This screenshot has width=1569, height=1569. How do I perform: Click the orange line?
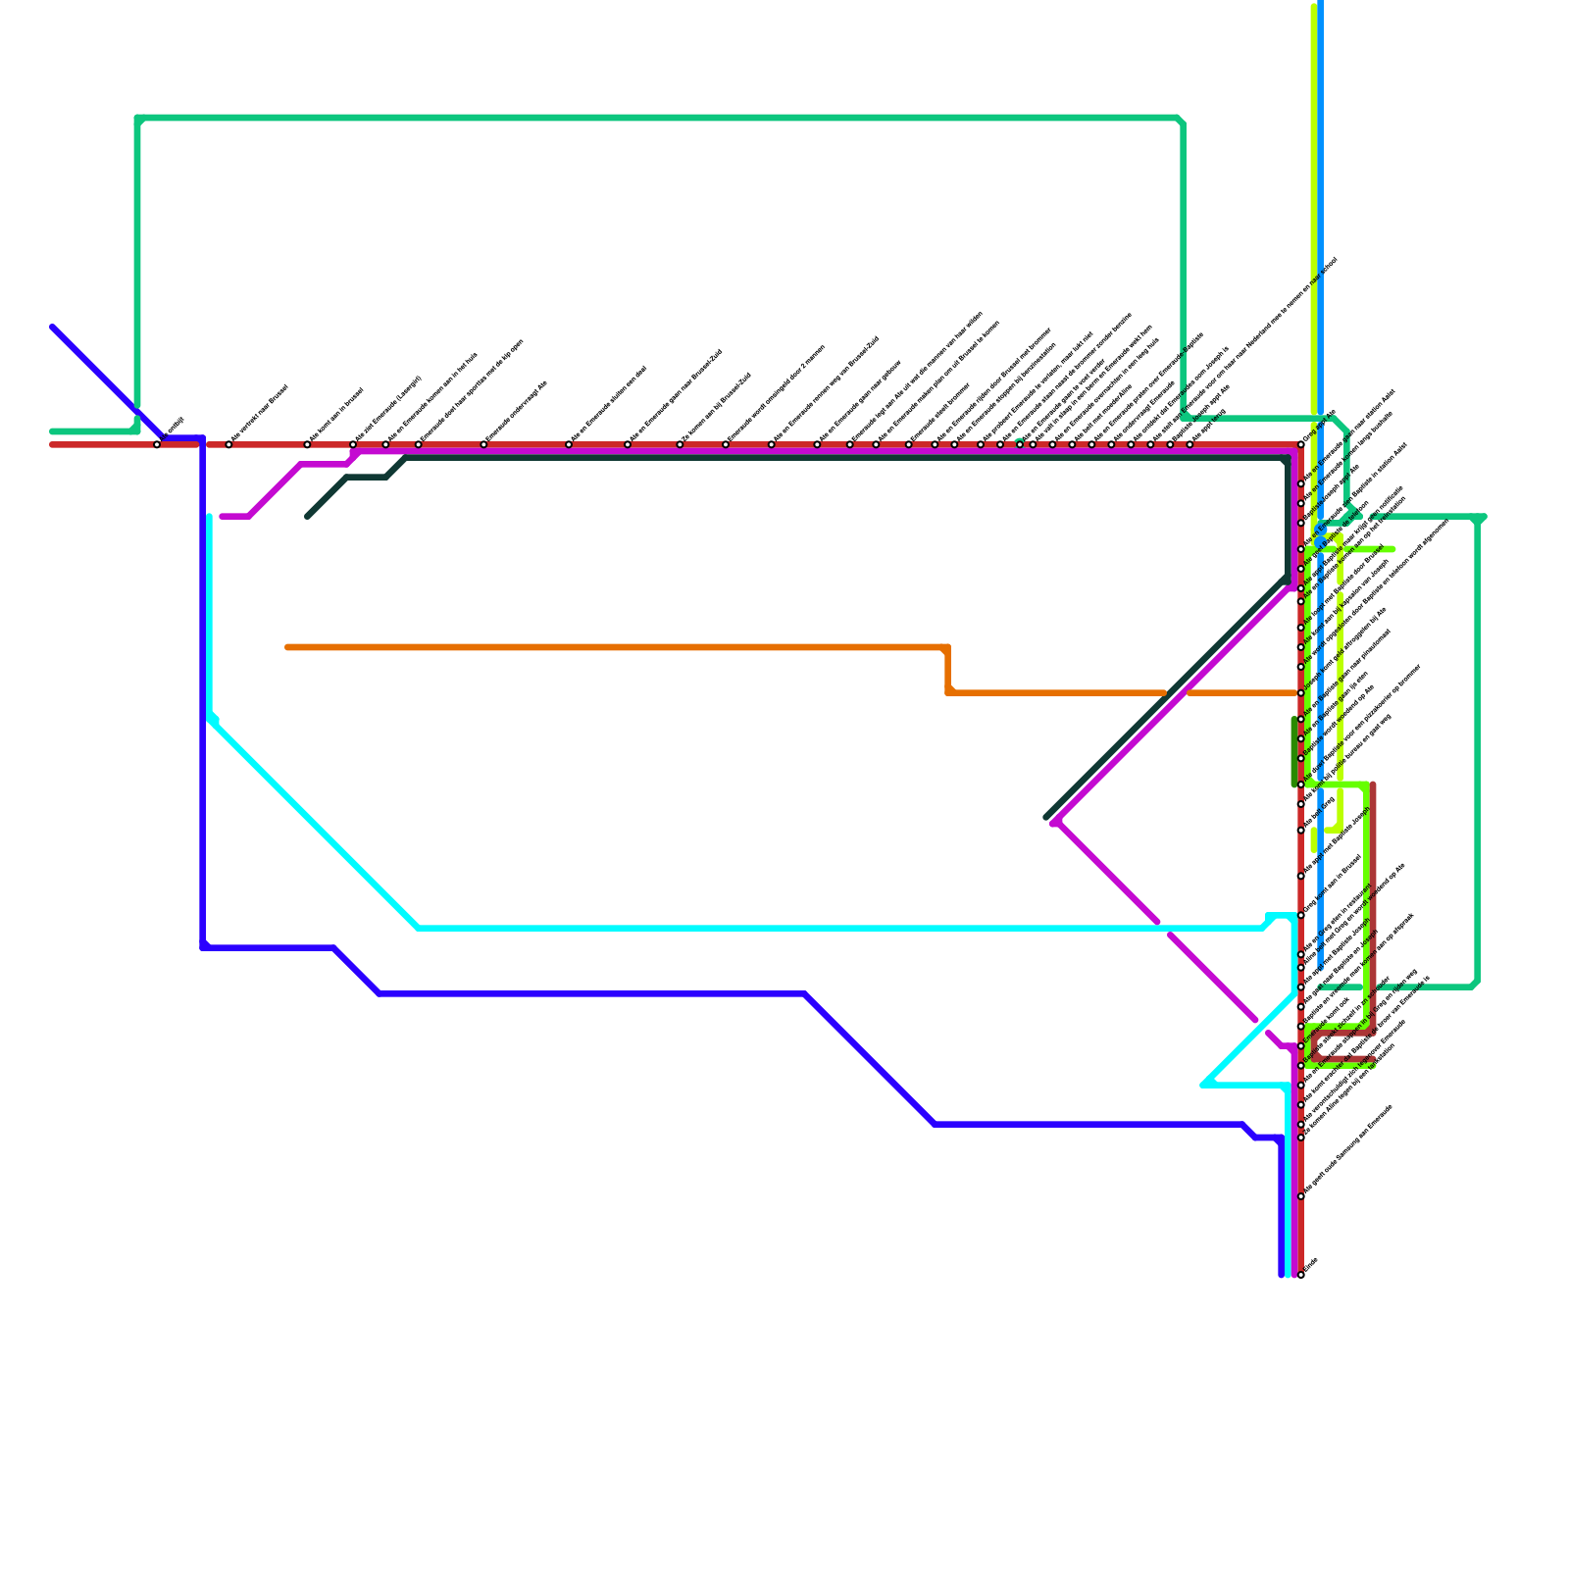click(608, 647)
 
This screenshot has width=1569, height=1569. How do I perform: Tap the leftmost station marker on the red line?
click(157, 444)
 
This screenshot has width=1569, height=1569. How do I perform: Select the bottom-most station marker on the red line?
click(1300, 1275)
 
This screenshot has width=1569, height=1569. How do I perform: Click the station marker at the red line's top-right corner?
click(1301, 444)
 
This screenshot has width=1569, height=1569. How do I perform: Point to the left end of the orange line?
click(287, 647)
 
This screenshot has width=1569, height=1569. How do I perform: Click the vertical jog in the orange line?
click(948, 671)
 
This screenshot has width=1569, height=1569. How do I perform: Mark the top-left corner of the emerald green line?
click(138, 119)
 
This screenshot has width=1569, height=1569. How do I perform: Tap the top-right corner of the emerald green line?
click(1182, 120)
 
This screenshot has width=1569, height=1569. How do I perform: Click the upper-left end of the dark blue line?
click(53, 328)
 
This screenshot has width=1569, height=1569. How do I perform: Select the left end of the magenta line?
click(223, 516)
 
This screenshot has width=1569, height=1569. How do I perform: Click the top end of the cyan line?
click(210, 517)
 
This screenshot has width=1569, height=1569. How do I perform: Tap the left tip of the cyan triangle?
click(1203, 1085)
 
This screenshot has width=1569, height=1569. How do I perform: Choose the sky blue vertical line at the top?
click(1321, 196)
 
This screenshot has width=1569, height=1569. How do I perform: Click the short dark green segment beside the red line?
click(1293, 751)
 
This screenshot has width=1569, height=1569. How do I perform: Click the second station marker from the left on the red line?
click(228, 444)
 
